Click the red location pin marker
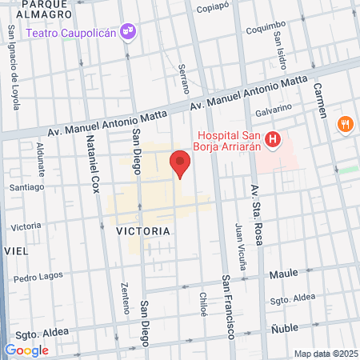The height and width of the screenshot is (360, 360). coord(181,163)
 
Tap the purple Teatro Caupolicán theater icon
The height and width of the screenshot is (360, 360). coord(128,31)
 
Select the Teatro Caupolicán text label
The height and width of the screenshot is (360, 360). coord(71,33)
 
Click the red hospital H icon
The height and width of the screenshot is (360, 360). coord(273,141)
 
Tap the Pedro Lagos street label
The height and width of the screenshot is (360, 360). coord(38,278)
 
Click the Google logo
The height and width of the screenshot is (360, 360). coord(26,350)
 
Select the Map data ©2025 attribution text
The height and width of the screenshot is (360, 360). coord(325,354)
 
